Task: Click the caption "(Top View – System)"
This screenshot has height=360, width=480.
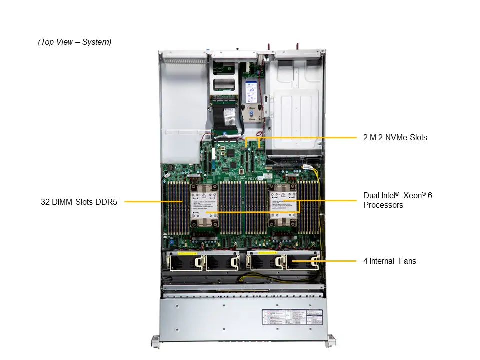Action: (x=75, y=42)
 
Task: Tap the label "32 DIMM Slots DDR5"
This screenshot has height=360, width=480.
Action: (x=79, y=202)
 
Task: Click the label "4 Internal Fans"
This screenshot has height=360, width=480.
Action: (x=389, y=261)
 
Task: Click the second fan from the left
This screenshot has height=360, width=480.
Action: (x=222, y=263)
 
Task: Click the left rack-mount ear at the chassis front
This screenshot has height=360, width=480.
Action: (x=155, y=342)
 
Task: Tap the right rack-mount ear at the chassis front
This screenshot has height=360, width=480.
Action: (x=330, y=342)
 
